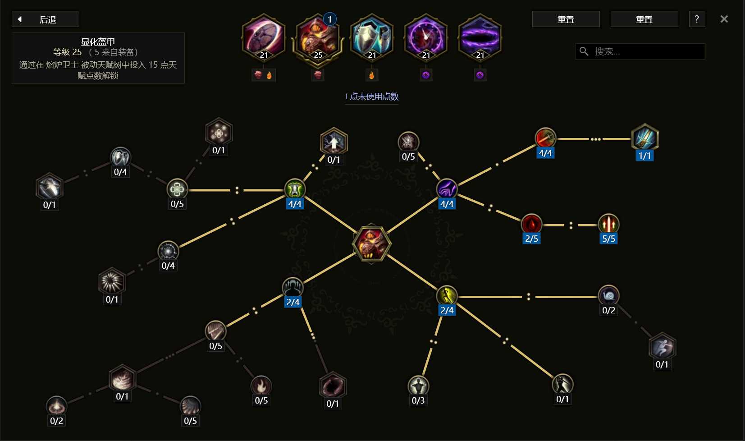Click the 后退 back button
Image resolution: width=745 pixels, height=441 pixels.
coord(46,19)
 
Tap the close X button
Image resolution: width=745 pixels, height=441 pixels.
coord(724,19)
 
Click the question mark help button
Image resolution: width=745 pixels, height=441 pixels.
coord(697,19)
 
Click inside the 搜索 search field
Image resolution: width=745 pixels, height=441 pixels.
coord(640,51)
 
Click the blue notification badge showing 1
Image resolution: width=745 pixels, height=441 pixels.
coord(329,19)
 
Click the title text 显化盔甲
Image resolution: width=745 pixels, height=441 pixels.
coord(98,41)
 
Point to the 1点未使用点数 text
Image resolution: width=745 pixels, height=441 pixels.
coord(371,96)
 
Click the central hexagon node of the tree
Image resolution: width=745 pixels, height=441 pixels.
coord(371,243)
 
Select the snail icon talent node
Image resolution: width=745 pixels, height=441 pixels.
coord(608,295)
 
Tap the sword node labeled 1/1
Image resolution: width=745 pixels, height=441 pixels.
coord(644,138)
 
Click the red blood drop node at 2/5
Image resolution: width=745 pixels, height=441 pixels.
coord(531,224)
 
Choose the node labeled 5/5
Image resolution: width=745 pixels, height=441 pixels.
coord(608,224)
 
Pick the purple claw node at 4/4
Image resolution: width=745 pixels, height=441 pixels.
coord(447,189)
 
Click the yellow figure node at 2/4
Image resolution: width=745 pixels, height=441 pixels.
coord(447,295)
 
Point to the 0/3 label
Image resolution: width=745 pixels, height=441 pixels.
coord(418,400)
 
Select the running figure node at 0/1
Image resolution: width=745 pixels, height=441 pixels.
coord(662,347)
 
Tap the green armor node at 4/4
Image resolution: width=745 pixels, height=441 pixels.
coord(295,189)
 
